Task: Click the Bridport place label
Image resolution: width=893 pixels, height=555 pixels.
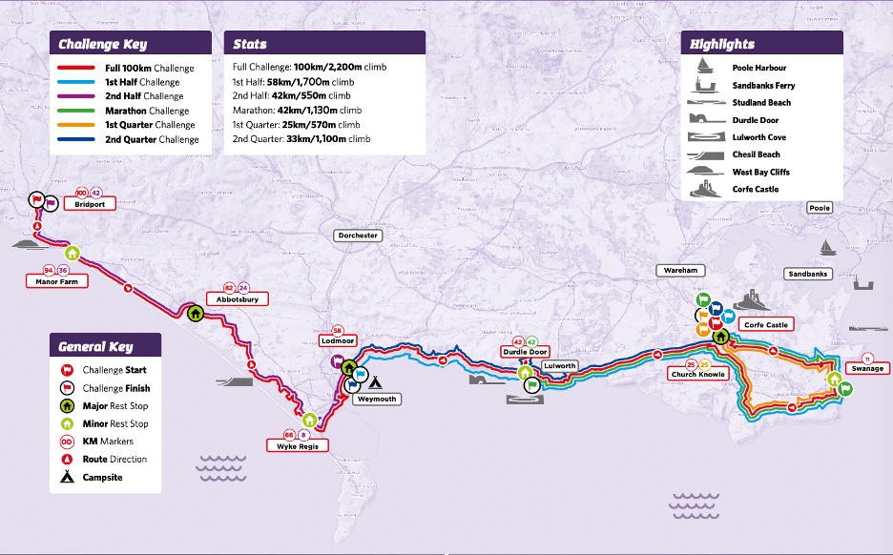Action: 88,204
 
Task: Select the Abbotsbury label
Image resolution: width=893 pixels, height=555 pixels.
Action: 237,298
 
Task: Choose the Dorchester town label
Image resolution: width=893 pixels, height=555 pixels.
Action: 358,235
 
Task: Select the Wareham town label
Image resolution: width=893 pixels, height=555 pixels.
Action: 682,271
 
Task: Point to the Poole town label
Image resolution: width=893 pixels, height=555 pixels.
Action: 819,208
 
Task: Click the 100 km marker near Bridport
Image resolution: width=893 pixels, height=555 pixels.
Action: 81,193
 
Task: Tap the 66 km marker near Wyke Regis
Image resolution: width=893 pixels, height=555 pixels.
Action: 289,434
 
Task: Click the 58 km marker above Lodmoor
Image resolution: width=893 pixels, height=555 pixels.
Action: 337,330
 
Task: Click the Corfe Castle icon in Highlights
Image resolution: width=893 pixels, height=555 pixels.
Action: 707,189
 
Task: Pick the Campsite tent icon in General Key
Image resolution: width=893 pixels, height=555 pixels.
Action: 67,477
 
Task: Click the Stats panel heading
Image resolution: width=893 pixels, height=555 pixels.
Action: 250,44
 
